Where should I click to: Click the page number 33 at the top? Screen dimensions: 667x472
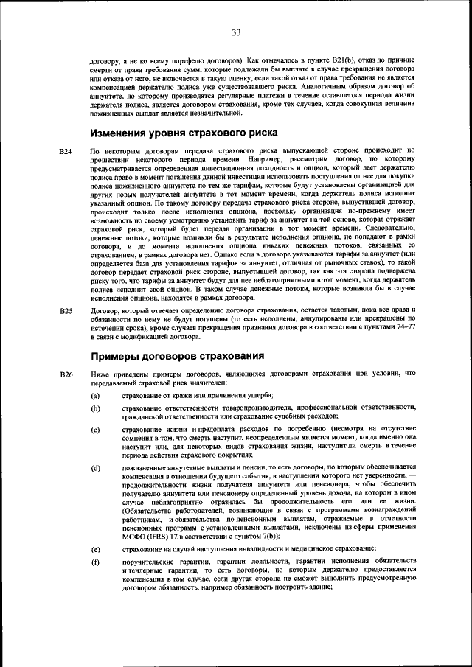tap(236, 32)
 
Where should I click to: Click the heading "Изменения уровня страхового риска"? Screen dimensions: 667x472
tap(184, 133)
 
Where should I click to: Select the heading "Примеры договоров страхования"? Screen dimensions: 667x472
tap(177, 357)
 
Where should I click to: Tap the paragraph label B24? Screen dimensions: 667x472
tap(66, 151)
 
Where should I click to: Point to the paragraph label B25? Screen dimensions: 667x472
tap(66, 312)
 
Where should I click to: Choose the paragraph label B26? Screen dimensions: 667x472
tap(66, 375)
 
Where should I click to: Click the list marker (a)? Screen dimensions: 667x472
tap(95, 397)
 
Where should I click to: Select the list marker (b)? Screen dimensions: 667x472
tap(95, 409)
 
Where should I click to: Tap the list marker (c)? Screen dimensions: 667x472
tap(95, 430)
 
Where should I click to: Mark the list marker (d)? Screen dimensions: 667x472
tap(95, 469)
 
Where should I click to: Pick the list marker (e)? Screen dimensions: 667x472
tap(95, 549)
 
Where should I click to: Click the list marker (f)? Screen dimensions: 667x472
tap(95, 562)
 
